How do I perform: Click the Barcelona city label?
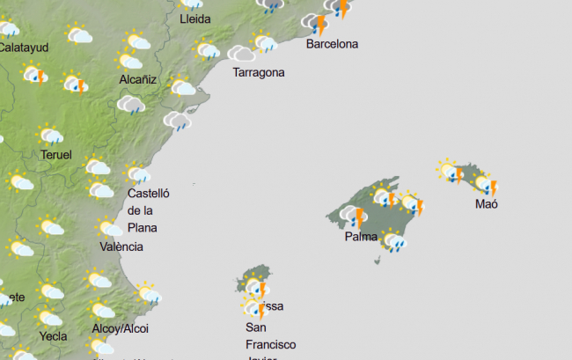(x=332, y=44)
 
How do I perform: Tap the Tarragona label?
(x=258, y=72)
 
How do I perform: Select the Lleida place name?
(x=194, y=18)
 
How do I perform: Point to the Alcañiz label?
(x=137, y=79)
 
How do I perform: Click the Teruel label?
(x=56, y=155)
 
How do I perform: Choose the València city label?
(x=121, y=246)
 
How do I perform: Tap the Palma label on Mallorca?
(x=362, y=237)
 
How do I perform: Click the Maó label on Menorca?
(x=487, y=204)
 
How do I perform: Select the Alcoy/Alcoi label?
(x=121, y=328)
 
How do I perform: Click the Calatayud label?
(x=23, y=47)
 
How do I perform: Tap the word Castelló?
(x=148, y=194)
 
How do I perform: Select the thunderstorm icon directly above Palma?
(x=354, y=217)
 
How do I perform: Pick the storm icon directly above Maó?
(x=486, y=184)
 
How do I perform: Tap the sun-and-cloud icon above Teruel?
(x=51, y=136)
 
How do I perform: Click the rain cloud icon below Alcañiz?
(x=131, y=106)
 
